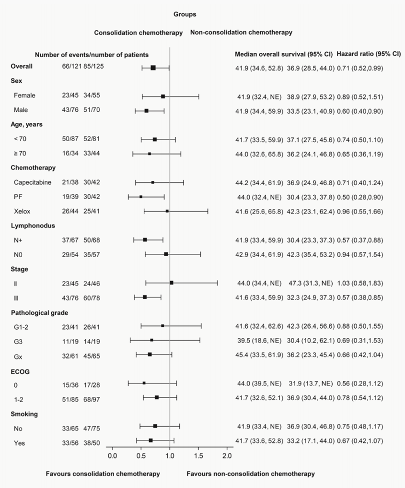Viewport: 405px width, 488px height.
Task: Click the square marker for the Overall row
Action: pos(153,68)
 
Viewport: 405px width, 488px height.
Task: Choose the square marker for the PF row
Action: pos(141,197)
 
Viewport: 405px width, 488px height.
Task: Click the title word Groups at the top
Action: pos(185,14)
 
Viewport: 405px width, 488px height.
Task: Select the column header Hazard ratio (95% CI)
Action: pos(369,54)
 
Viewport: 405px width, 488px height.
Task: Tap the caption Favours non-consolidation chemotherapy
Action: pos(251,474)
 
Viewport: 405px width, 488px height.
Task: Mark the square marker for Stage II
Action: pos(172,283)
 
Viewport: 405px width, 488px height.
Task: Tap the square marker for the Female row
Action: pos(163,96)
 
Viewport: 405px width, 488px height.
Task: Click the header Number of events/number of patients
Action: pos(92,55)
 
